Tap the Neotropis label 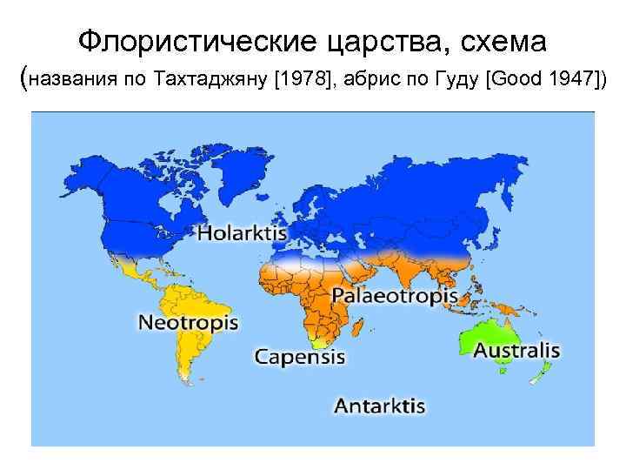coord(188,323)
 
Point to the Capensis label coord(299,356)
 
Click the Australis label coord(516,350)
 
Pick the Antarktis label coord(379,406)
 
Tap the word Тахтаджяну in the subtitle coord(210,81)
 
